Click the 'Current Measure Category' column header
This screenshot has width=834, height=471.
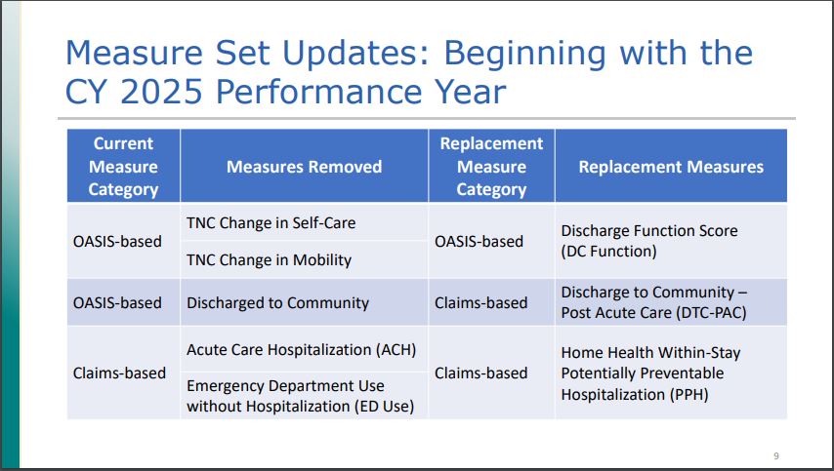(x=123, y=166)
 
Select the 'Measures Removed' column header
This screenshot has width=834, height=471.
(x=304, y=167)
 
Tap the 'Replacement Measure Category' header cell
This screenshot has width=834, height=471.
(x=491, y=166)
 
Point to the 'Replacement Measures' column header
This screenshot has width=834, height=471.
(x=671, y=167)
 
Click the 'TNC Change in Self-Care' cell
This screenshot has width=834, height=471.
(x=271, y=222)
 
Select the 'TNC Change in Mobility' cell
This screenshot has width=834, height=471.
(x=269, y=260)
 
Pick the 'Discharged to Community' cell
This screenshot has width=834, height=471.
(x=278, y=302)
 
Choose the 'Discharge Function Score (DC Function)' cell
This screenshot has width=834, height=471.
(x=649, y=241)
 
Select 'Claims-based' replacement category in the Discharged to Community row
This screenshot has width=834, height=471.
(x=480, y=302)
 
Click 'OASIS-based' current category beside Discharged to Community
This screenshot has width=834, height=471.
(x=117, y=302)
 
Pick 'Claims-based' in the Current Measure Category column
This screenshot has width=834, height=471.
(x=119, y=373)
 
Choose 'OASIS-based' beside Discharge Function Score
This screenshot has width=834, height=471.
(x=479, y=241)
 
